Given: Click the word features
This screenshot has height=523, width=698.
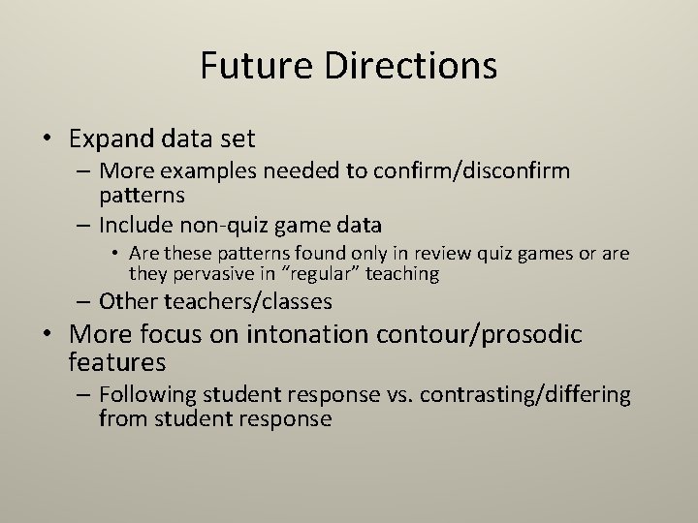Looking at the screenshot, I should [x=117, y=362].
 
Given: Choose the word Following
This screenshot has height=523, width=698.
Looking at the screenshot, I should [x=145, y=395].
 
